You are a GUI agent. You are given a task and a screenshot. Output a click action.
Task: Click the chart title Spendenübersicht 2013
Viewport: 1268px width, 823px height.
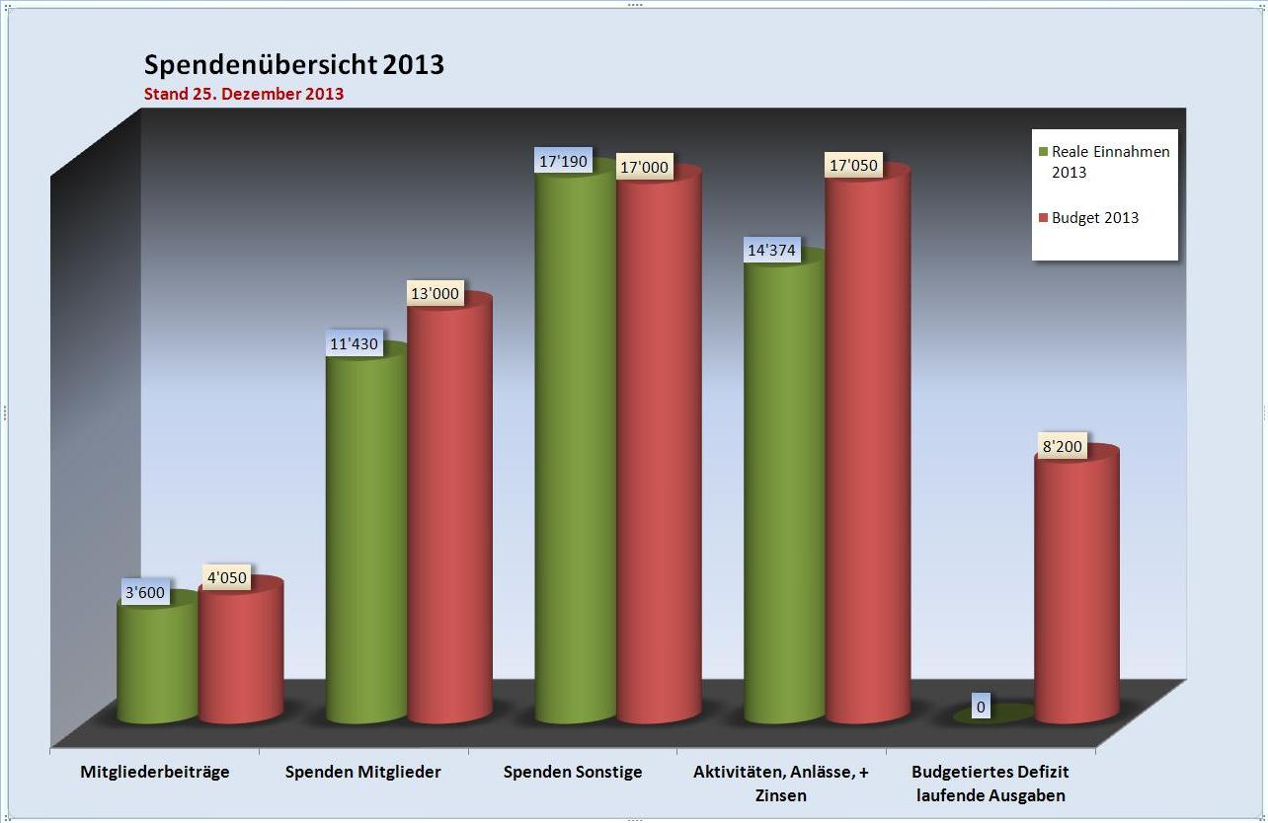coord(293,65)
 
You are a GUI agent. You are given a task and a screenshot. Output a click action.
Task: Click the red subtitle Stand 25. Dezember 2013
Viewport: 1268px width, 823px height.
coord(244,95)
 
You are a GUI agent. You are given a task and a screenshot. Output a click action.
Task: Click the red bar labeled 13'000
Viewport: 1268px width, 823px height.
coord(449,513)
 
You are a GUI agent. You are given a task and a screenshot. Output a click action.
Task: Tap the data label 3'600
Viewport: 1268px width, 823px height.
coord(145,594)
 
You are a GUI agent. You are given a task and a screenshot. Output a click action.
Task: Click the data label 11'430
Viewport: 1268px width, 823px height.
coord(354,344)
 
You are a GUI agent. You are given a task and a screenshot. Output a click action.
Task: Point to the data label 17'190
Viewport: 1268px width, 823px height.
coord(563,161)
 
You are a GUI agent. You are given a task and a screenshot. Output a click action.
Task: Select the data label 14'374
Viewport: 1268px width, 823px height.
coord(771,251)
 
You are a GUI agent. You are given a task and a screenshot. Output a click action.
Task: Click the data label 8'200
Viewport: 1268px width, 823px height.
coord(1062,447)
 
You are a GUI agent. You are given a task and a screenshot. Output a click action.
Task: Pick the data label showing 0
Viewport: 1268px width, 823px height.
coord(981,707)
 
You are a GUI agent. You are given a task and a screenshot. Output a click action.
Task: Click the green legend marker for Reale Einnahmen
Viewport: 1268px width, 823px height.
coord(1043,152)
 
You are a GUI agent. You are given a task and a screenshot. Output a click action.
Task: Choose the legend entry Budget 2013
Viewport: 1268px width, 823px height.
coord(1094,218)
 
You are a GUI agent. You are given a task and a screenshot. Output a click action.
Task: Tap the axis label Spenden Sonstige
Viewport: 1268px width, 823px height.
coord(573,772)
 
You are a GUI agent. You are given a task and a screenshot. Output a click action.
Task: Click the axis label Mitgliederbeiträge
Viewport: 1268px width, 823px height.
coord(155,772)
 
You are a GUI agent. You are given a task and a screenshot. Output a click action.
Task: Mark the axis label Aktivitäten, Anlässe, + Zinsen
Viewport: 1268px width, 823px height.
coord(781,784)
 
